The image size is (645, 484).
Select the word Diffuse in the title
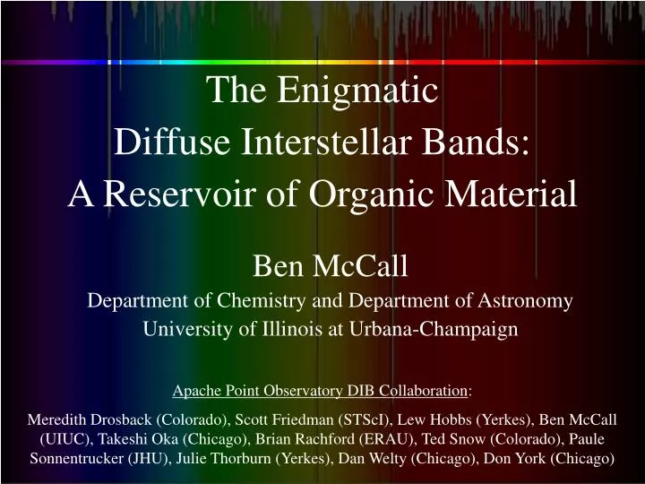point(167,141)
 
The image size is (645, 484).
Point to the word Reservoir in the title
point(187,192)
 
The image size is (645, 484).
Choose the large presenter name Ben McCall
point(331,265)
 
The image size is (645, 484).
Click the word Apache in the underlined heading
point(196,390)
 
